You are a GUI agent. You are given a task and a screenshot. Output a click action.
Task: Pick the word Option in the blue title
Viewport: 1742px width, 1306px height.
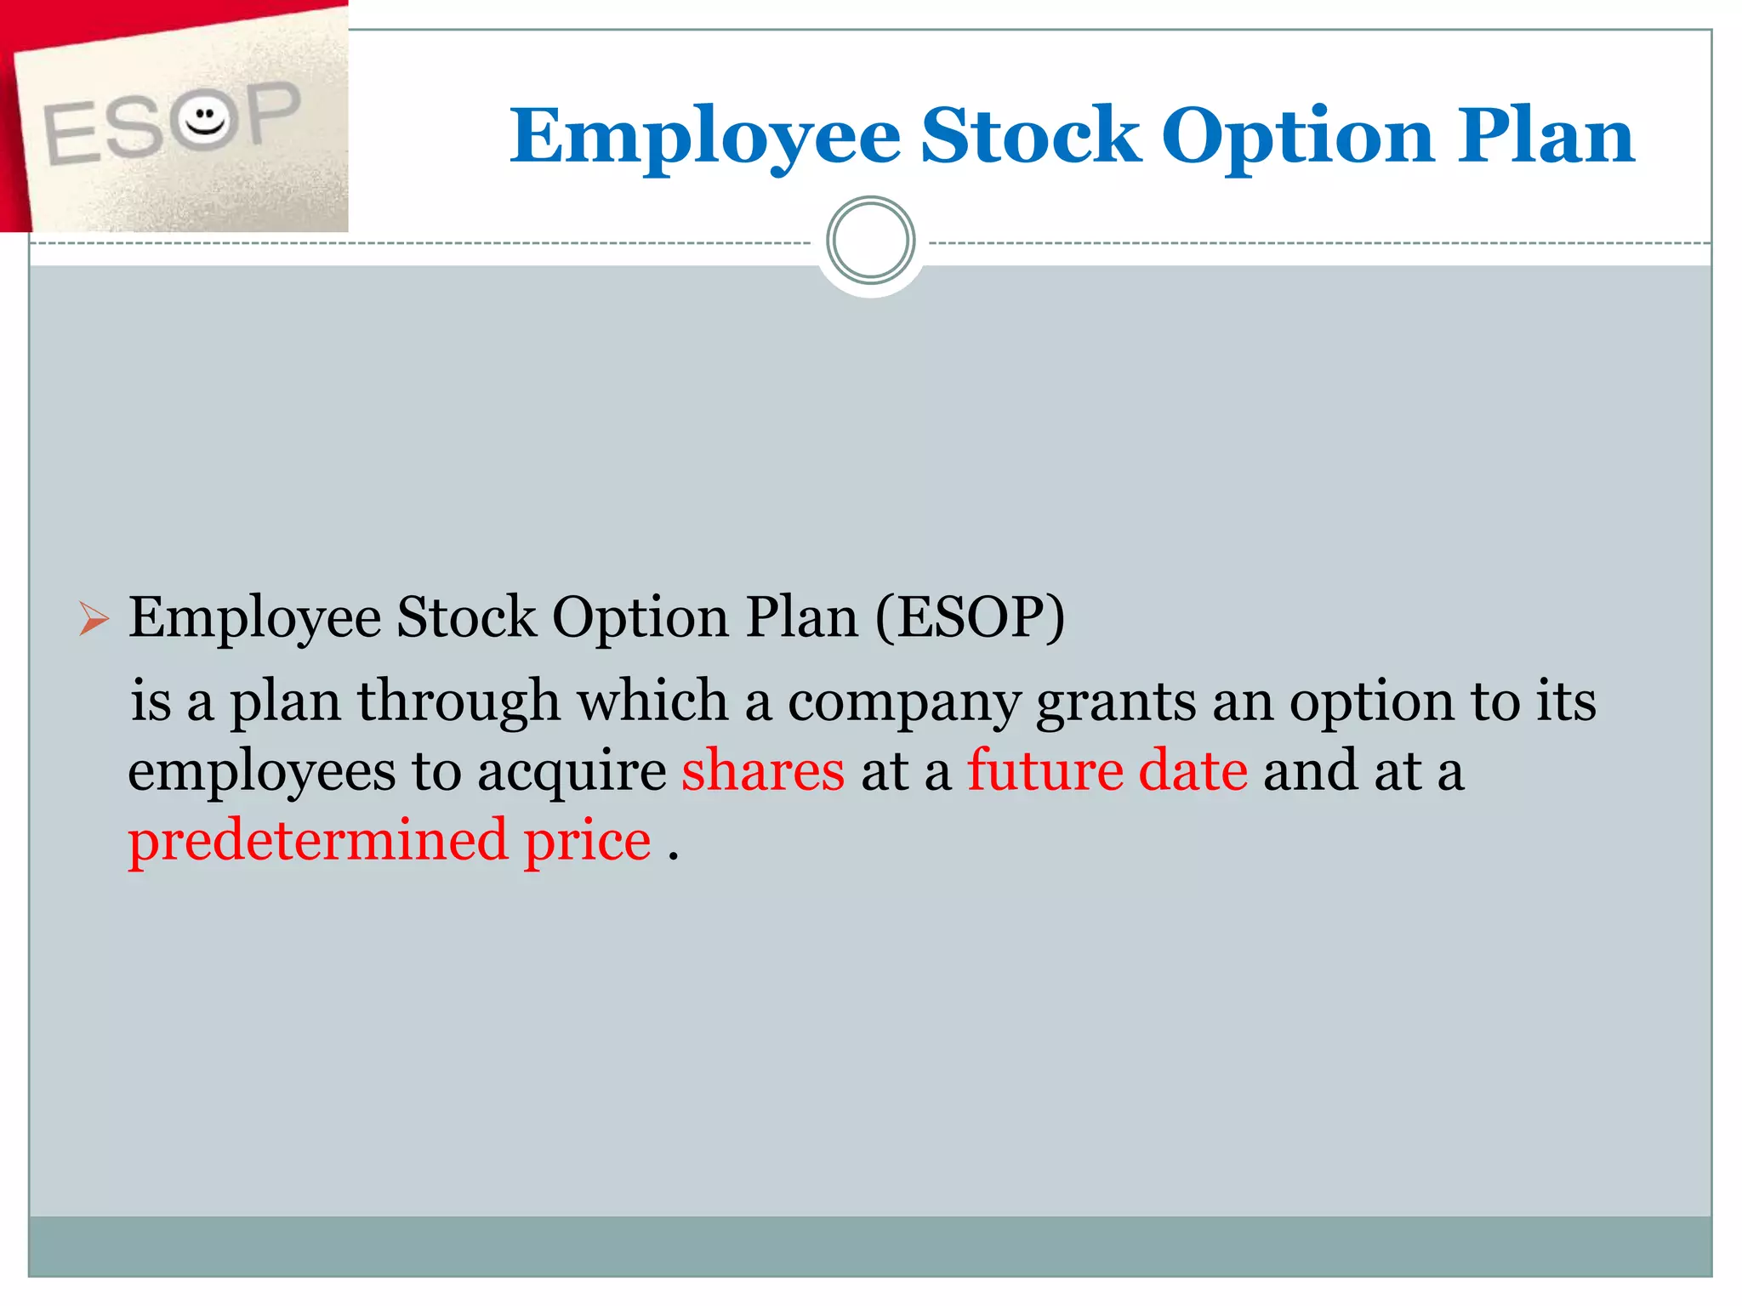point(1298,136)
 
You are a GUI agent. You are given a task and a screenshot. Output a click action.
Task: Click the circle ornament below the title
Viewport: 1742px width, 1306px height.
point(870,241)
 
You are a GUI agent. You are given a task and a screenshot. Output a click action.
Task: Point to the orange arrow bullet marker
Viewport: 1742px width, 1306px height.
point(94,618)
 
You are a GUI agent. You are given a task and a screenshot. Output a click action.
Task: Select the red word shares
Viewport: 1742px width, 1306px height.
point(763,770)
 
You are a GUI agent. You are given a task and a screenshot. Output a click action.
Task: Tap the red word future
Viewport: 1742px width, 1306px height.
point(1045,770)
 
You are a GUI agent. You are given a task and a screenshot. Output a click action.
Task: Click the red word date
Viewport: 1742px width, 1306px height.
point(1193,770)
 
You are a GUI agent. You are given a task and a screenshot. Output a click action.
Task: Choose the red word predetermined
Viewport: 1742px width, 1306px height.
point(317,840)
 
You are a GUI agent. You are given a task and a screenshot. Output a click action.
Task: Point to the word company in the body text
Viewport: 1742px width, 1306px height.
point(903,702)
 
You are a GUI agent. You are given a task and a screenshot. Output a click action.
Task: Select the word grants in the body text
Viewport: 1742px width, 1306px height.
point(1116,702)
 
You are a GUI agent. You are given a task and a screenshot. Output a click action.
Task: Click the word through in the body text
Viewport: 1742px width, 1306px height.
point(458,702)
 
